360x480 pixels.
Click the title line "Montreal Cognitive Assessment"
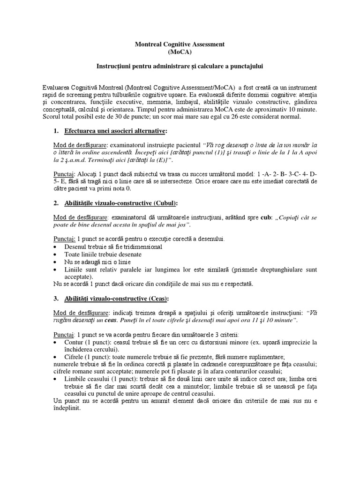click(180, 44)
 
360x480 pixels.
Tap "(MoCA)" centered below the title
click(180, 52)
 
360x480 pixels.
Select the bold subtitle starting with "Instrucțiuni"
click(180, 67)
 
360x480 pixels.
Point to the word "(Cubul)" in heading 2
click(162, 203)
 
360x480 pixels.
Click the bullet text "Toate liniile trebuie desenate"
click(102, 254)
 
